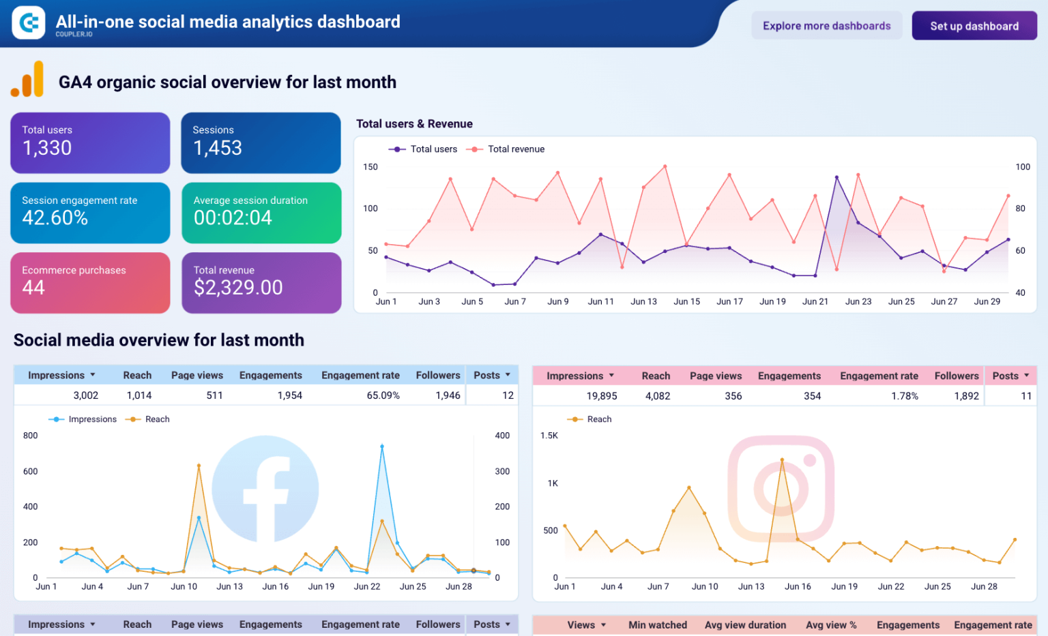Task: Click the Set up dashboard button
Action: (x=974, y=26)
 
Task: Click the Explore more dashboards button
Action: (x=826, y=26)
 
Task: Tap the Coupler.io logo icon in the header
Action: (x=29, y=23)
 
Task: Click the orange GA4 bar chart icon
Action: (x=27, y=80)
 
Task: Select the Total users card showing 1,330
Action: (x=90, y=142)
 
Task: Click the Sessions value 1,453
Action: (x=218, y=148)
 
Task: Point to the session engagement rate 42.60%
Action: (x=55, y=218)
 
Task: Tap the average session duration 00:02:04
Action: (x=233, y=218)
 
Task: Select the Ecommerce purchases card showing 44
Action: (x=90, y=282)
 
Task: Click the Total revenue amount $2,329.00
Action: (x=238, y=288)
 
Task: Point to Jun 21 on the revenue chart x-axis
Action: (x=815, y=301)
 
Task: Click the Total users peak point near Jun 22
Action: (x=836, y=177)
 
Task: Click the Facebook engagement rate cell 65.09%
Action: (x=383, y=395)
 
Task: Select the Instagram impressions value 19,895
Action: (x=602, y=396)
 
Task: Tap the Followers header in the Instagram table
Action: (x=956, y=376)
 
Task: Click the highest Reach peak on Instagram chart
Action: (x=782, y=460)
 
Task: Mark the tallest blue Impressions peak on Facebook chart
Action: (x=382, y=446)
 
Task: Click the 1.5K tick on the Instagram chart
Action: (x=549, y=436)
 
